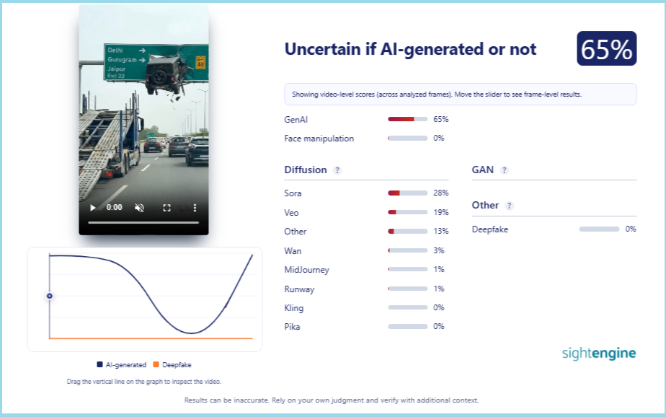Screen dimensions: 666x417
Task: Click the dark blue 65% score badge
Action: [x=606, y=48]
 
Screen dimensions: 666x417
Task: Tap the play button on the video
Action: [x=92, y=208]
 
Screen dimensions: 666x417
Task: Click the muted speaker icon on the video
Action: [x=139, y=208]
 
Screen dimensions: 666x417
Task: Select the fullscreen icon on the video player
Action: [x=167, y=208]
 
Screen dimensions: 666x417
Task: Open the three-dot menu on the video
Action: [x=195, y=208]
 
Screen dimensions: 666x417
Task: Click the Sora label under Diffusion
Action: [x=293, y=193]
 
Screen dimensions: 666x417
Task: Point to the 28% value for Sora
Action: [x=441, y=193]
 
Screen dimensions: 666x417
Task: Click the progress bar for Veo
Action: [x=408, y=212]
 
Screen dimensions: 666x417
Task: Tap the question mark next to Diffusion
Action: [x=337, y=170]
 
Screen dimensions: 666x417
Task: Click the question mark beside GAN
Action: [x=504, y=170]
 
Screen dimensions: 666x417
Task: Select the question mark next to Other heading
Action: [x=510, y=206]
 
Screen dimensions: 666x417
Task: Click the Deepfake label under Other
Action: [x=489, y=229]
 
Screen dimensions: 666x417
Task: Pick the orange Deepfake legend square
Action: [x=156, y=364]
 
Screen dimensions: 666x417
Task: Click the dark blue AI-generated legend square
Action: [x=99, y=364]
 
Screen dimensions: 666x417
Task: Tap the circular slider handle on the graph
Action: [x=50, y=296]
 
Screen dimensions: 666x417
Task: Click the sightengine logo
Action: [x=599, y=353]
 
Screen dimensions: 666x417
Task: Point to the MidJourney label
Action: [x=306, y=270]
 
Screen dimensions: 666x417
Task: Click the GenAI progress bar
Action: [x=408, y=120]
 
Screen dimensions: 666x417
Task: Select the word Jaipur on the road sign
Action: [x=116, y=69]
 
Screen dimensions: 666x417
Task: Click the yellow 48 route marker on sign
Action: [x=200, y=63]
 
